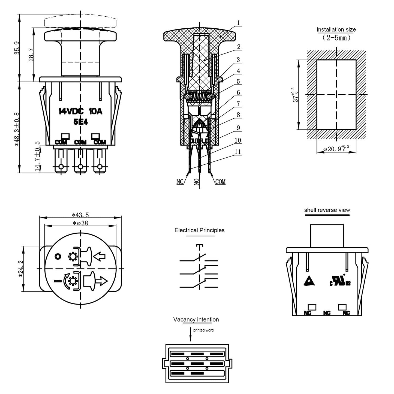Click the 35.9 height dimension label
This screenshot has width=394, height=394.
pos(17,48)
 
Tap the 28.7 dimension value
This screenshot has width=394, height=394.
pos(31,55)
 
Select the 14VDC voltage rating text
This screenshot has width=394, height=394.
pos(71,111)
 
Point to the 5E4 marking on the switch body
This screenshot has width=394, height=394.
pos(80,122)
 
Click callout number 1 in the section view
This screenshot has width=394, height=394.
pos(238,23)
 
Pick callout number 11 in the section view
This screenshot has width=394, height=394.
pos(237,152)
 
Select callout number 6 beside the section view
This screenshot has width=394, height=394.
pos(238,93)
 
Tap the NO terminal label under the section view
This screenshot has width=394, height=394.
pos(197,182)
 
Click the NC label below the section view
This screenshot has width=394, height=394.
pos(180,182)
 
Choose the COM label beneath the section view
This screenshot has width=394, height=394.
pos(220,182)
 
